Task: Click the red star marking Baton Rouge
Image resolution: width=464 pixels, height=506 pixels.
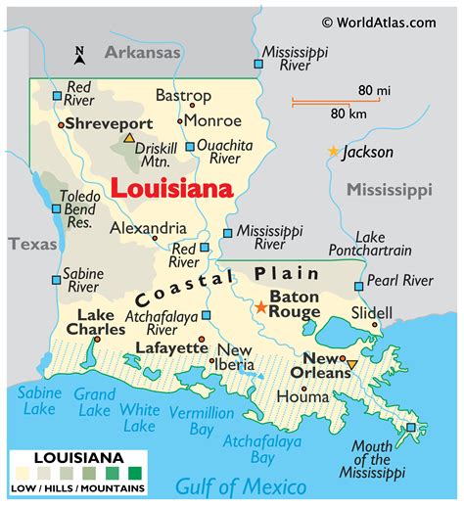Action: (x=260, y=306)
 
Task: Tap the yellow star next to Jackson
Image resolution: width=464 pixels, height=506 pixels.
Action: (x=334, y=152)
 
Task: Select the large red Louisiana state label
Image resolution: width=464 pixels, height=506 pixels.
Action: (x=170, y=187)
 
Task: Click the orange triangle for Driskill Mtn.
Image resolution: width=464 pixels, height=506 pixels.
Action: (x=129, y=139)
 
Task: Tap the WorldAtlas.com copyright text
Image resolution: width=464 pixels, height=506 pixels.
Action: (x=383, y=21)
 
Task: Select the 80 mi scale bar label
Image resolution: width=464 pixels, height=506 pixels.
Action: (x=374, y=91)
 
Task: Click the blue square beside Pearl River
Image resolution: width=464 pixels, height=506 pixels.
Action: (x=359, y=286)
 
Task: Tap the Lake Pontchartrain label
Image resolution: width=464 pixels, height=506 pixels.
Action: (x=384, y=244)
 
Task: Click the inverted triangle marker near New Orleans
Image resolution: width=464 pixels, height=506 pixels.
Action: (x=351, y=365)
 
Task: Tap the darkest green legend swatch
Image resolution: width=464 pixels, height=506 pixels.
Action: (x=134, y=472)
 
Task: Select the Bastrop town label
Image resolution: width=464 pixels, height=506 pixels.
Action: (x=183, y=96)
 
